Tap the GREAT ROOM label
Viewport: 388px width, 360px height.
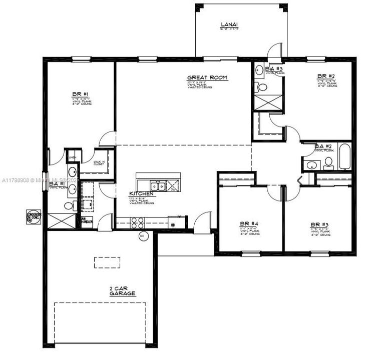click(207, 78)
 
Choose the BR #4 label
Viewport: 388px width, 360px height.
click(248, 224)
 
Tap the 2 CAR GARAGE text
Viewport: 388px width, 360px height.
click(123, 291)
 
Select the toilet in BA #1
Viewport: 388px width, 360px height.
click(68, 205)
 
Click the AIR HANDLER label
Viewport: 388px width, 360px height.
click(86, 220)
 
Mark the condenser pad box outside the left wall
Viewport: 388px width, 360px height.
click(34, 216)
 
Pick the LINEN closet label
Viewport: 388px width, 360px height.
click(72, 157)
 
